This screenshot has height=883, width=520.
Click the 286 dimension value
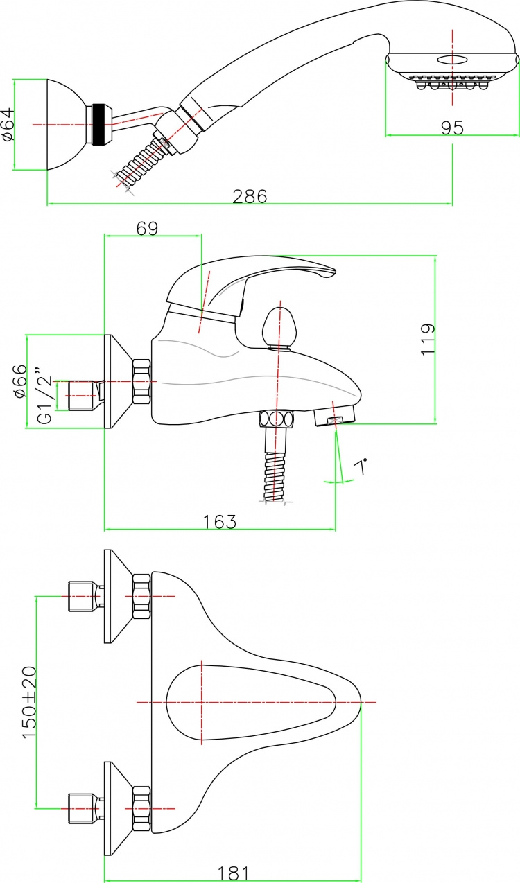[x=250, y=196]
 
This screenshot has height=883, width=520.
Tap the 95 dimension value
[x=452, y=128]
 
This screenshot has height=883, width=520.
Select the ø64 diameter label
[x=8, y=125]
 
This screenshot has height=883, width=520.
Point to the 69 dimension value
[x=147, y=228]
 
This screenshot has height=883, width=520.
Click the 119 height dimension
[x=428, y=340]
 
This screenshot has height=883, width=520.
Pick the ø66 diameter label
[x=21, y=381]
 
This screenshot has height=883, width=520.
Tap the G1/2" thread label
[x=45, y=395]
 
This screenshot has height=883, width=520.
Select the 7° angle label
[x=361, y=466]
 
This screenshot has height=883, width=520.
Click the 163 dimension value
[x=220, y=522]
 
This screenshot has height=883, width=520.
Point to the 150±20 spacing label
[x=29, y=702]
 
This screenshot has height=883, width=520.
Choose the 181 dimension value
[x=234, y=873]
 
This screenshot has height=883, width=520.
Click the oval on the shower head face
[x=452, y=60]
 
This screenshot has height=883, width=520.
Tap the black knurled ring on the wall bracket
[x=99, y=125]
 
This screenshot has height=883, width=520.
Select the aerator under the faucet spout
[x=335, y=417]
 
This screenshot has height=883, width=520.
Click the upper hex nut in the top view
[x=142, y=597]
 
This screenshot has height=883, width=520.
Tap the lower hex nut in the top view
[x=142, y=809]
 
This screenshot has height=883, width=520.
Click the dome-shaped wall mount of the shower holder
[x=67, y=125]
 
